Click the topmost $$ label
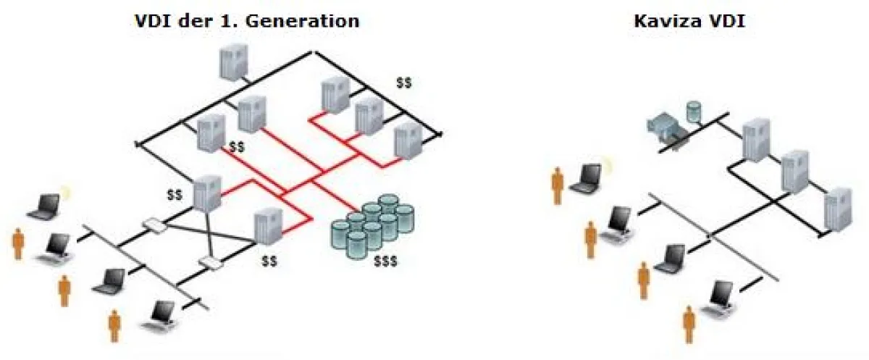pyautogui.click(x=404, y=83)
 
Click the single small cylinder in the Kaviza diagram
pyautogui.click(x=694, y=111)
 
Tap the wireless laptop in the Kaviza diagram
pyautogui.click(x=587, y=178)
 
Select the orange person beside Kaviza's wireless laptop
pyautogui.click(x=558, y=186)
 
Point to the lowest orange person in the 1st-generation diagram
pyautogui.click(x=114, y=325)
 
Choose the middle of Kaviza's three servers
pyautogui.click(x=794, y=172)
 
